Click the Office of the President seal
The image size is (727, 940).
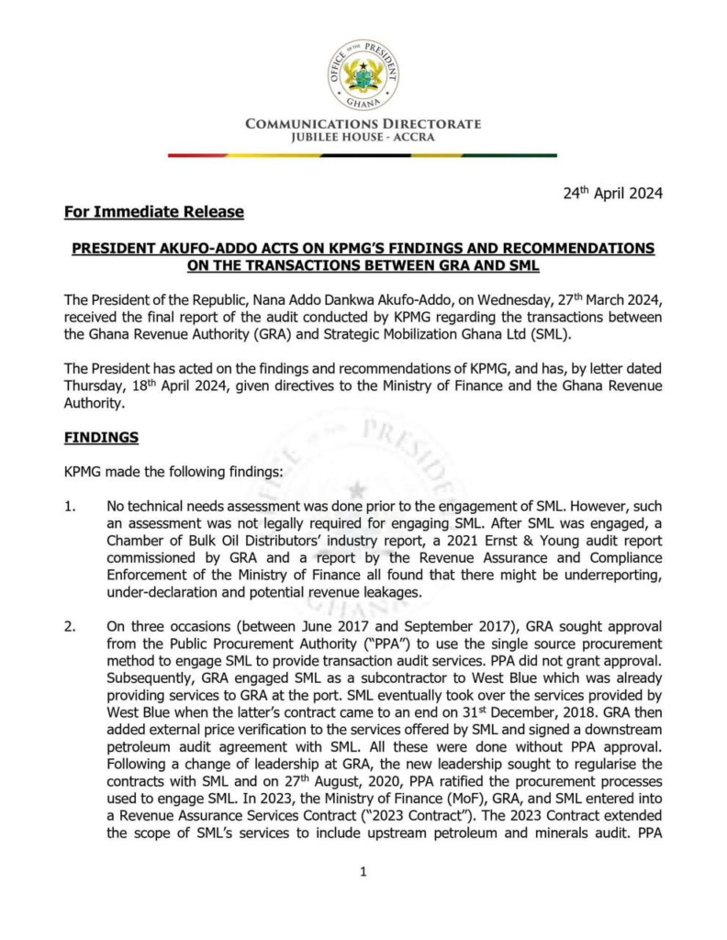click(363, 76)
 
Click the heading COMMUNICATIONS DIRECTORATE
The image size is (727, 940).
click(363, 125)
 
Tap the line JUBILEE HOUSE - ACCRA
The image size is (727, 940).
click(363, 139)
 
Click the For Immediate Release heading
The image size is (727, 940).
click(154, 213)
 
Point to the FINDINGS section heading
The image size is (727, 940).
click(101, 438)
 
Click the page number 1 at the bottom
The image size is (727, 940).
click(363, 871)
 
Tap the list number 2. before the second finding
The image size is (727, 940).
click(71, 626)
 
